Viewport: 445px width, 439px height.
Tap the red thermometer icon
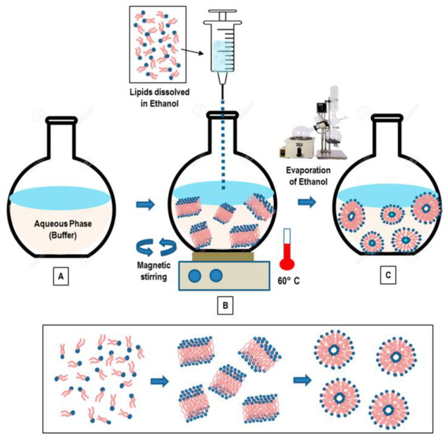pos(288,250)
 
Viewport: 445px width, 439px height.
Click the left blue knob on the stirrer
pos(194,276)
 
